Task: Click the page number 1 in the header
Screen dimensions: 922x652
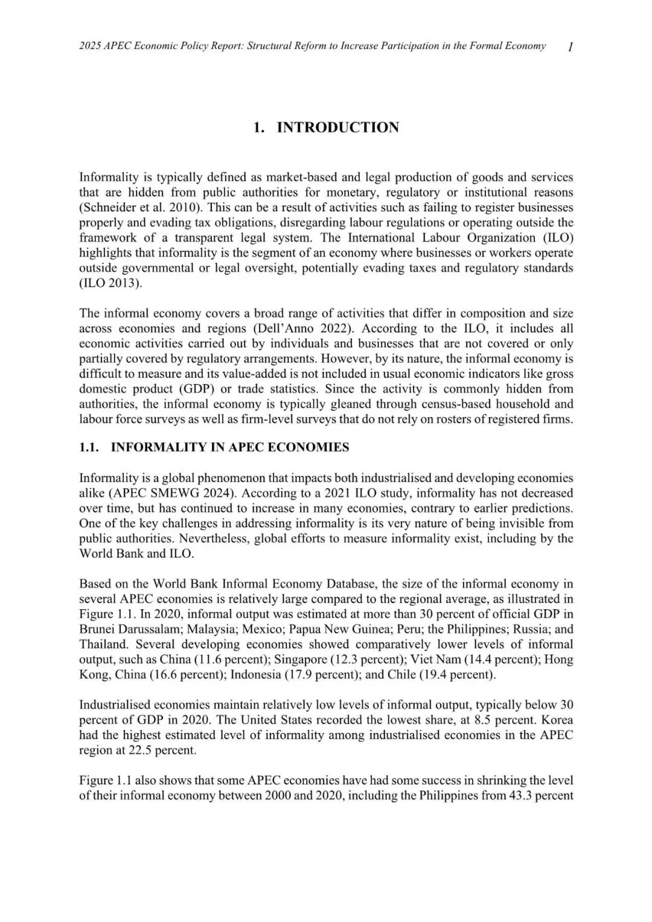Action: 570,46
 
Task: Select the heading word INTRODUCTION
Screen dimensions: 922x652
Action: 337,127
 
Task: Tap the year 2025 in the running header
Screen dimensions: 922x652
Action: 91,46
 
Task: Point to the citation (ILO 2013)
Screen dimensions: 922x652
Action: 111,283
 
